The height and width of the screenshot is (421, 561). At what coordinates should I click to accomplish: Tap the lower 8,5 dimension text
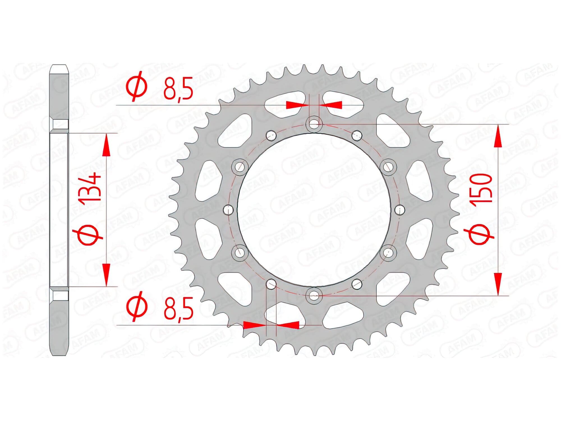[x=179, y=308]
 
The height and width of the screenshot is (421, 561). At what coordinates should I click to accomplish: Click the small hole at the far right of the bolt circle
[x=400, y=209]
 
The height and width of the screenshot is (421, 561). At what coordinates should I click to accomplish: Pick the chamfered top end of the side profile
[x=59, y=69]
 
